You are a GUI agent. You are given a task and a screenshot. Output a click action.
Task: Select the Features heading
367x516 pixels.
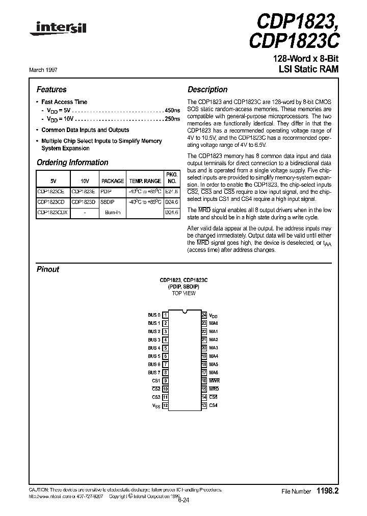[51, 90]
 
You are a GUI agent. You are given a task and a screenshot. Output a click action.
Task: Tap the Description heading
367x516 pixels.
[207, 90]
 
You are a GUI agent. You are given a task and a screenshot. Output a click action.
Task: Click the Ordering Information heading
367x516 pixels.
[72, 163]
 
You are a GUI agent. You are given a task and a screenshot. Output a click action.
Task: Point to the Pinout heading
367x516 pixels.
[48, 269]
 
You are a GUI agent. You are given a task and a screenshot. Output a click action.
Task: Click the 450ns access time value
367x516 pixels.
[173, 111]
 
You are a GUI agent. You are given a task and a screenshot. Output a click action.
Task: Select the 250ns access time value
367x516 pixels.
[173, 119]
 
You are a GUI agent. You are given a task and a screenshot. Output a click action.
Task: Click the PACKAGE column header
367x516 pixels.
[113, 181]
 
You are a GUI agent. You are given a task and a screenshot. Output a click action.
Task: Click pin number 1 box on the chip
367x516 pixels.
[166, 315]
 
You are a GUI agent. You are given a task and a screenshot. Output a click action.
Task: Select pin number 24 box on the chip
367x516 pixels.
[204, 315]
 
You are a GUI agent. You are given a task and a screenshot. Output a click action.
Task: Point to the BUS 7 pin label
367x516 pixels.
[154, 373]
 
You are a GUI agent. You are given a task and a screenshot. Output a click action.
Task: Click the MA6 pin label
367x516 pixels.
[214, 373]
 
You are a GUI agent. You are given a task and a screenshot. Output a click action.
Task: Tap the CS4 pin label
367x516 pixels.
[214, 405]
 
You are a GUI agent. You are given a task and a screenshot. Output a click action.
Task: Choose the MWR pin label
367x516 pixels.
[214, 381]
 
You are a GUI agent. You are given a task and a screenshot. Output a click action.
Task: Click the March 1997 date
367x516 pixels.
[49, 70]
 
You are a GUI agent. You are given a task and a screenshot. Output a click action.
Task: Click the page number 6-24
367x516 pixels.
[183, 500]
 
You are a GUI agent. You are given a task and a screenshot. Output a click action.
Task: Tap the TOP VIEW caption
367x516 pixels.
[183, 294]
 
